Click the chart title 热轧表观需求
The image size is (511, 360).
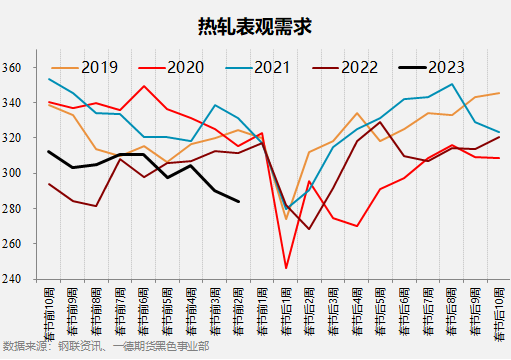[255, 25]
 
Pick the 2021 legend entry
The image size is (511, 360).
[270, 68]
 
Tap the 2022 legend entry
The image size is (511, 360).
[358, 68]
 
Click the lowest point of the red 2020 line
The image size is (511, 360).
[286, 268]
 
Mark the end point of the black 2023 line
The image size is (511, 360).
[239, 202]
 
